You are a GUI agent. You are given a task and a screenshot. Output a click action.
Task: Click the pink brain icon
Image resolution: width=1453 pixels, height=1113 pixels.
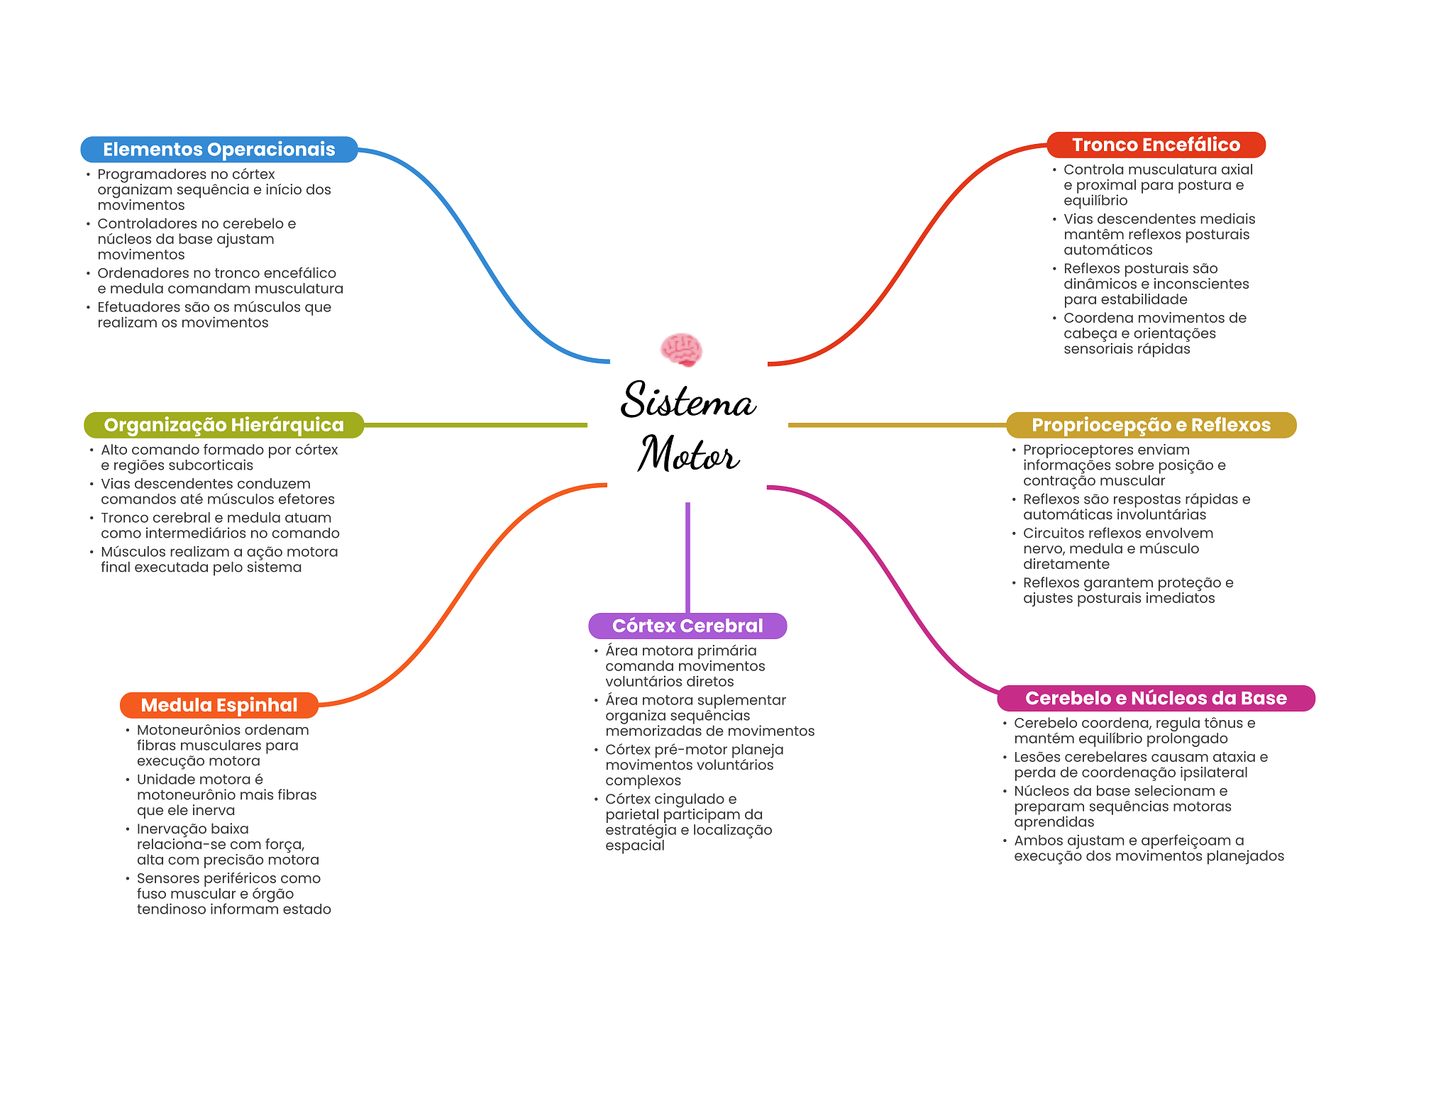pos(681,350)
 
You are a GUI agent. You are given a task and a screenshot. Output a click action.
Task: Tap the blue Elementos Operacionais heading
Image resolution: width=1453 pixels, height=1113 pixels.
pos(219,149)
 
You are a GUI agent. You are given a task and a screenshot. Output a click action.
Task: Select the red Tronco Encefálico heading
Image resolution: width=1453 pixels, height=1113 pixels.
pos(1156,145)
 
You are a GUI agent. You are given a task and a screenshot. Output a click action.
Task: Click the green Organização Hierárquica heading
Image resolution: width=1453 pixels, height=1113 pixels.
pos(223,425)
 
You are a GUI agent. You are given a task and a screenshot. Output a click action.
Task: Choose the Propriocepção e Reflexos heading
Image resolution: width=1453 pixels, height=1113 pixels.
pos(1151,425)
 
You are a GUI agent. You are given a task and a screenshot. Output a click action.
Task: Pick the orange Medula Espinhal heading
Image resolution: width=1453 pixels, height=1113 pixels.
pos(219,705)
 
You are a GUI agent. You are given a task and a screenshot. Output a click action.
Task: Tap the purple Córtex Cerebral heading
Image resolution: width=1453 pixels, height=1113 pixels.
pos(687,626)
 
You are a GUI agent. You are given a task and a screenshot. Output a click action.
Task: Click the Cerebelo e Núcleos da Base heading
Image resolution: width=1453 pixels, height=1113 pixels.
pos(1156,698)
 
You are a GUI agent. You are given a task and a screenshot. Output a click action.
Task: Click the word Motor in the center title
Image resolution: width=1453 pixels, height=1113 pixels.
pos(688,453)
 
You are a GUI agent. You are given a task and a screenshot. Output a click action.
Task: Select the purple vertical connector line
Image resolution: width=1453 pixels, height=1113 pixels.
pos(687,558)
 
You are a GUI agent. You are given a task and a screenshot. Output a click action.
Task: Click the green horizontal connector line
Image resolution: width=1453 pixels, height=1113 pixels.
pos(475,425)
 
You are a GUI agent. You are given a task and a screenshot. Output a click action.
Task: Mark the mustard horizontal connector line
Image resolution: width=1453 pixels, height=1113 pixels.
pos(897,425)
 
